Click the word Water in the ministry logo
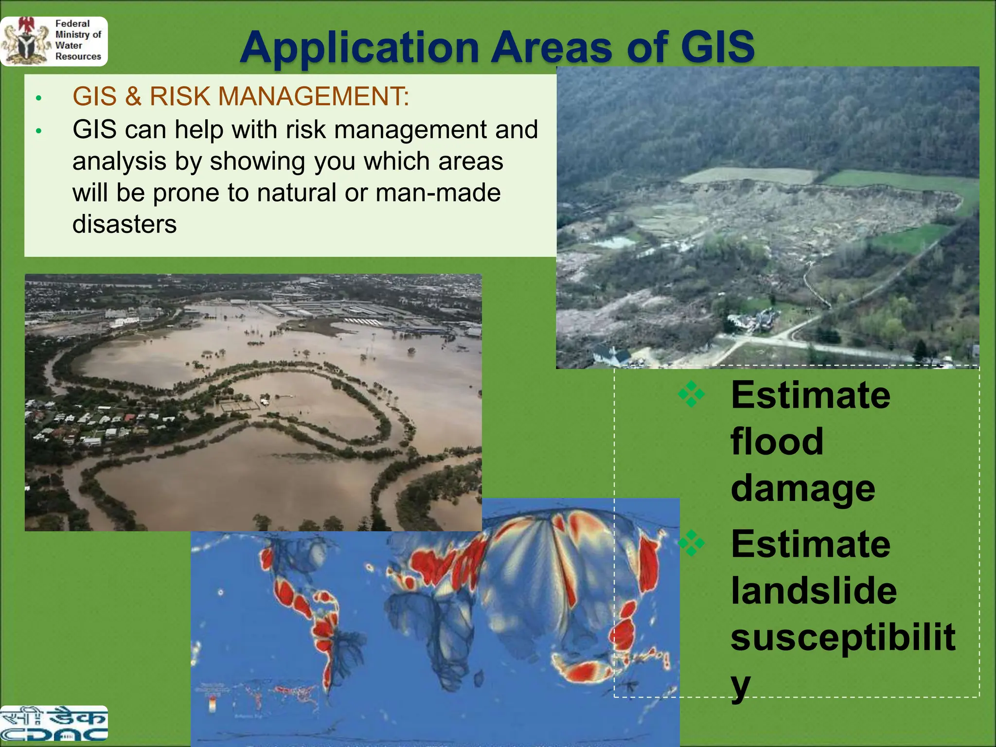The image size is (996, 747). [x=69, y=45]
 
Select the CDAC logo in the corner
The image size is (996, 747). [x=53, y=724]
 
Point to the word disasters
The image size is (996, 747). [x=124, y=224]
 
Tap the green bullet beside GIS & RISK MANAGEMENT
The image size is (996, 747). [x=39, y=99]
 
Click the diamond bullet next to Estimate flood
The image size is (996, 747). [x=691, y=394]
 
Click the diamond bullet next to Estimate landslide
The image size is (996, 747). [x=691, y=543]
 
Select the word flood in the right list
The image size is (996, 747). [x=777, y=441]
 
